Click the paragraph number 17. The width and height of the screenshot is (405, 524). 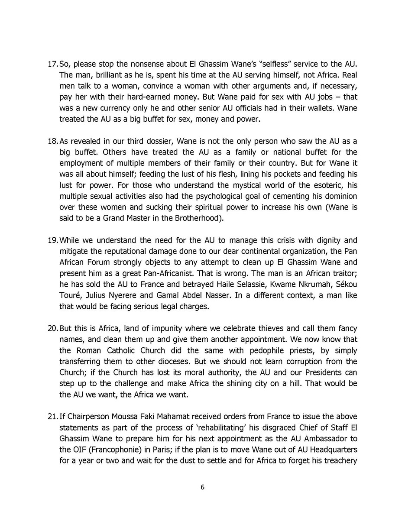pos(52,64)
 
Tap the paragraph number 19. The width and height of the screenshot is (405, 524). pos(52,240)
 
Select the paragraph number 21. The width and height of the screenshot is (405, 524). pos(52,417)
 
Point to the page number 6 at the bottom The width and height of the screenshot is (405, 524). pos(202,487)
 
